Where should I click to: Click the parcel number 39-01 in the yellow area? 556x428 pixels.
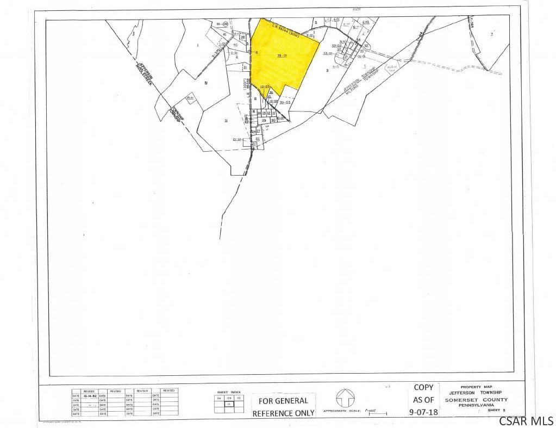(x=282, y=55)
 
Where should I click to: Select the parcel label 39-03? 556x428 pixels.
(x=285, y=102)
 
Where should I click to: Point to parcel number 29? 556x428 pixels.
(x=264, y=120)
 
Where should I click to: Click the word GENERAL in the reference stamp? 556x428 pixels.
(x=291, y=401)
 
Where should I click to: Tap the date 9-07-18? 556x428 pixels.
(x=423, y=412)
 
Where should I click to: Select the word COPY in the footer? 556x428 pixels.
(x=423, y=387)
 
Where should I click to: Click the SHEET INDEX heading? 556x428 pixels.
(x=228, y=392)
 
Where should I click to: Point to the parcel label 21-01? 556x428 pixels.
(x=237, y=140)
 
